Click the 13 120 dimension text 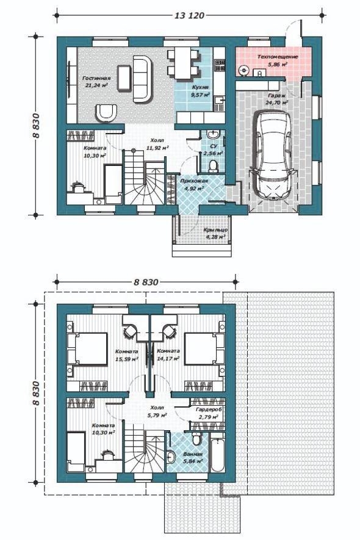[x=190, y=15]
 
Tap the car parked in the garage [x=273, y=154]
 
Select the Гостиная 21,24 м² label [x=96, y=82]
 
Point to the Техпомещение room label [x=277, y=57]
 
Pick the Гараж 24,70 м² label [x=276, y=99]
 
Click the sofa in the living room [x=143, y=79]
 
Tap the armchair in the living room [x=106, y=113]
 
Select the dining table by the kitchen [x=183, y=63]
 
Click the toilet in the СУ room [x=214, y=165]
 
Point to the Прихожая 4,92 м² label [x=194, y=184]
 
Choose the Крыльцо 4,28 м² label [x=215, y=233]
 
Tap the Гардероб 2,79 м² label [x=209, y=413]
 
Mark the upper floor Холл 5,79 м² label [x=157, y=411]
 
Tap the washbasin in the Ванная [x=171, y=457]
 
